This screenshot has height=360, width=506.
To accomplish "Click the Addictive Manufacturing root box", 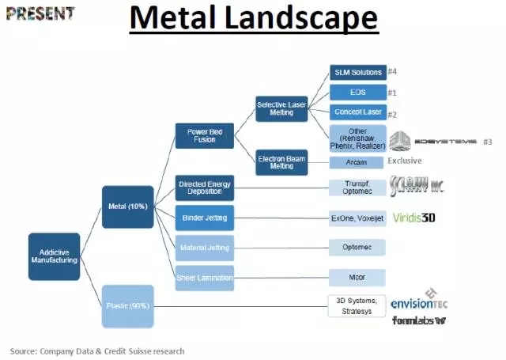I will [55, 256].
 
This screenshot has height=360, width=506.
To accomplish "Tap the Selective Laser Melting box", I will [282, 109].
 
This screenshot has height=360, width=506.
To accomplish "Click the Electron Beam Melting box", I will [282, 161].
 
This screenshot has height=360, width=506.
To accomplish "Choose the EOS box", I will [357, 93].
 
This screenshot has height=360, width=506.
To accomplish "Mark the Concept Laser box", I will [357, 112].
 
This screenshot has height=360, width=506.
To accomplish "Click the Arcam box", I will [357, 162].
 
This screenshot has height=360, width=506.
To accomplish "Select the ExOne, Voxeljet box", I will [357, 217].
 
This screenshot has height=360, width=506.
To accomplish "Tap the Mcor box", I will [357, 277].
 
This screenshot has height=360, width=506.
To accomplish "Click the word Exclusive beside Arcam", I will [410, 161].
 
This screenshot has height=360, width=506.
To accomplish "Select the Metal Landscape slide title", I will [254, 17].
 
